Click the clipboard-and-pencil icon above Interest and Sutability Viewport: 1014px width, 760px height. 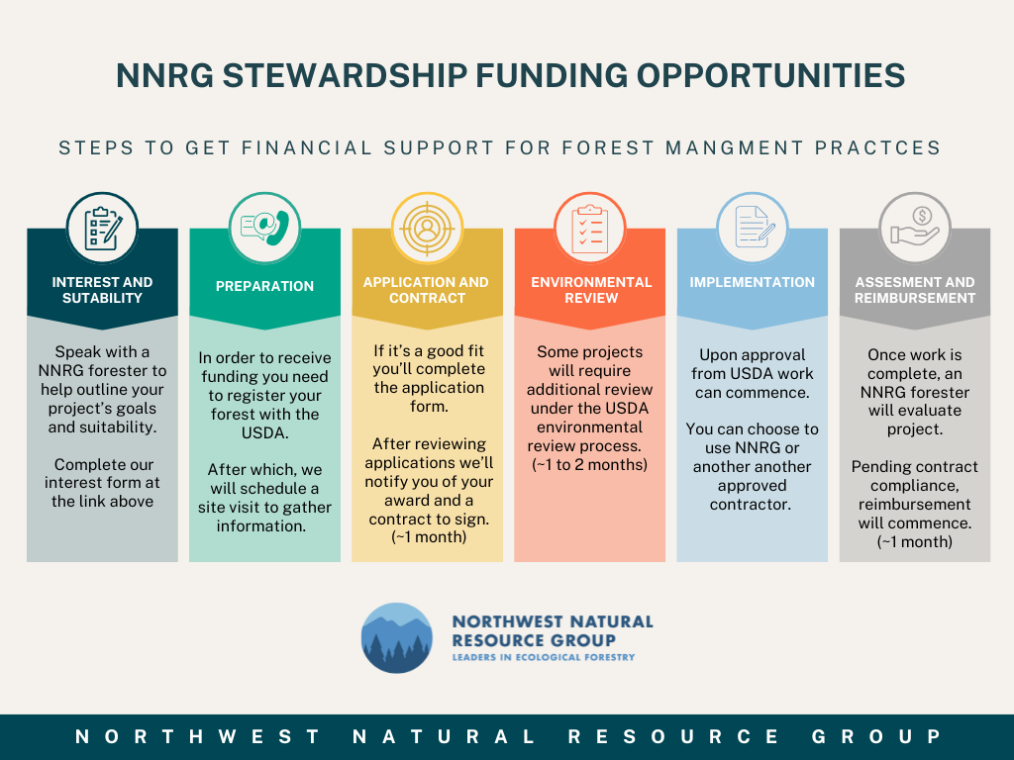coord(102,229)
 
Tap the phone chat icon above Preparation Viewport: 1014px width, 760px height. coord(264,228)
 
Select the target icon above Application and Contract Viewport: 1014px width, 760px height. coord(427,229)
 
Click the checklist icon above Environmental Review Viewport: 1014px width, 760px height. coord(590,229)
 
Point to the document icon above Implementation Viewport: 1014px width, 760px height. coord(754,227)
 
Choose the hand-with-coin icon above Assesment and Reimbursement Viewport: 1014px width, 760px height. coord(914,227)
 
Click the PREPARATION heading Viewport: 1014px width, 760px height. coord(264,286)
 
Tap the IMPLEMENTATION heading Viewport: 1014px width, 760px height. coord(753,282)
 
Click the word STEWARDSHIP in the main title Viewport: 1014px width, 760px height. coord(345,75)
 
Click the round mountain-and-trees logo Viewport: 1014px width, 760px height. coord(396,638)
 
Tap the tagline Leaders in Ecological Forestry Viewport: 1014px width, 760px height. coord(544,657)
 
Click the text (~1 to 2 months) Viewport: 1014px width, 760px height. coord(590,465)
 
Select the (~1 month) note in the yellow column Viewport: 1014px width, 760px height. coord(429,537)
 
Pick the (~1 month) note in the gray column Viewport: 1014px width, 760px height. coord(914,541)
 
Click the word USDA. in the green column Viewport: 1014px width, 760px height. coord(264,433)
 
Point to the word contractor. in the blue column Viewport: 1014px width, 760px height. coord(751,504)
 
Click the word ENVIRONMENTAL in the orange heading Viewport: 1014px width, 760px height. coord(591,282)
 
